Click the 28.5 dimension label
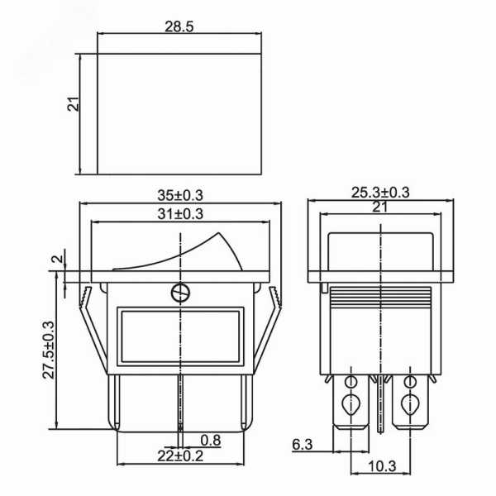179,27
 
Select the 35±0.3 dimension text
180,195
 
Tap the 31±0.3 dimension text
180,214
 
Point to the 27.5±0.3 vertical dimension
49,351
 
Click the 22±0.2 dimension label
180,456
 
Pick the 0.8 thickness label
211,441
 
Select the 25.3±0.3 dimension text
380,193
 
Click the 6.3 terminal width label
302,445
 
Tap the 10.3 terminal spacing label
382,466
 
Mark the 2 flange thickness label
58,259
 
